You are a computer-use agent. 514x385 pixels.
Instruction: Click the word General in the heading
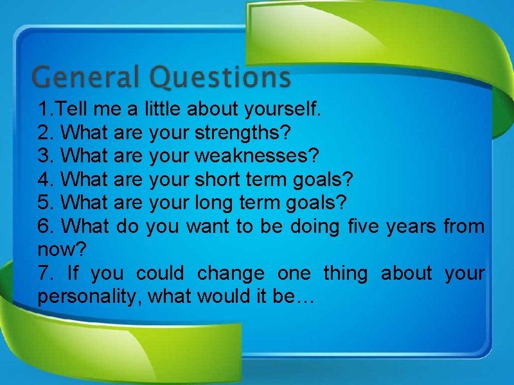85,78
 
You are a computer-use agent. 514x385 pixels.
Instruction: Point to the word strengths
242,133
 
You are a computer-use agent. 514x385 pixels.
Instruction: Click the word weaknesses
256,157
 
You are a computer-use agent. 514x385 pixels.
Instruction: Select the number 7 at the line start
43,273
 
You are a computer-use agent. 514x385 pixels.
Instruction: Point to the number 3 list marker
44,157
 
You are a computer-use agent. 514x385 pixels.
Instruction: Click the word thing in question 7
346,273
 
